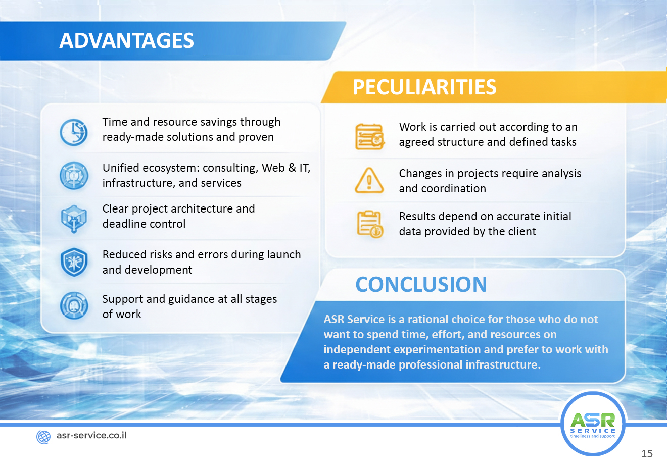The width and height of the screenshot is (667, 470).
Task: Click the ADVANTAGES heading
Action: (126, 40)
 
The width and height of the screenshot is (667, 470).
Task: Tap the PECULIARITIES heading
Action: (424, 87)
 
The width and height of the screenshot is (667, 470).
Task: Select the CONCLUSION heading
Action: (421, 284)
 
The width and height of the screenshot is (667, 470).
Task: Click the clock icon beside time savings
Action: (74, 132)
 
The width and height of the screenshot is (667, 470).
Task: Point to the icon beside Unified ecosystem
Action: (74, 176)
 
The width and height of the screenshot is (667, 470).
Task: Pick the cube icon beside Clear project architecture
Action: (74, 219)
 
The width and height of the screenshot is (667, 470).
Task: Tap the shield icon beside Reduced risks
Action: (74, 262)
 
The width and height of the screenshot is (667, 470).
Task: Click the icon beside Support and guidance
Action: (74, 305)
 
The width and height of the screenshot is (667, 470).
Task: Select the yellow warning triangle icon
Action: (369, 180)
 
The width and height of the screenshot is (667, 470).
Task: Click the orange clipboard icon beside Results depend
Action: (370, 224)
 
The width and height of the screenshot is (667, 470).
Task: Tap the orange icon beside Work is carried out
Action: (369, 136)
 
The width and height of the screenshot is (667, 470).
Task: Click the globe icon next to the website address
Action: (43, 437)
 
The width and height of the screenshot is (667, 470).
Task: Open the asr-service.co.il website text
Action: (91, 435)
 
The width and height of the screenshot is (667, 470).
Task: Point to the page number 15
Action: (647, 454)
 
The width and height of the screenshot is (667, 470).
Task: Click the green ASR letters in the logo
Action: (593, 420)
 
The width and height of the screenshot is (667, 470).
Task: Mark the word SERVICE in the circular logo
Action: (593, 431)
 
